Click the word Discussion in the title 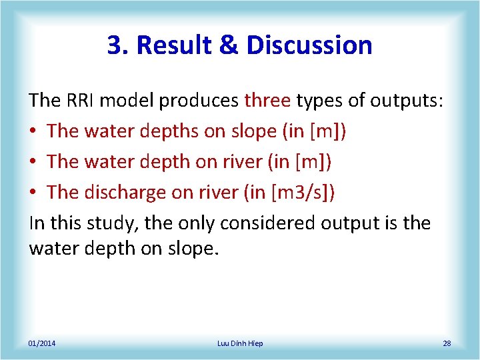[x=309, y=45]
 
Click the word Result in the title [x=177, y=45]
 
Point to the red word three [x=267, y=101]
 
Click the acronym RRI [x=82, y=101]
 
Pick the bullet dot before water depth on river [x=33, y=162]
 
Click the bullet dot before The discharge [x=33, y=193]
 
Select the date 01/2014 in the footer [x=42, y=343]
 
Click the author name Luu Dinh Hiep [x=240, y=343]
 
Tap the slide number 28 [x=447, y=343]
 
